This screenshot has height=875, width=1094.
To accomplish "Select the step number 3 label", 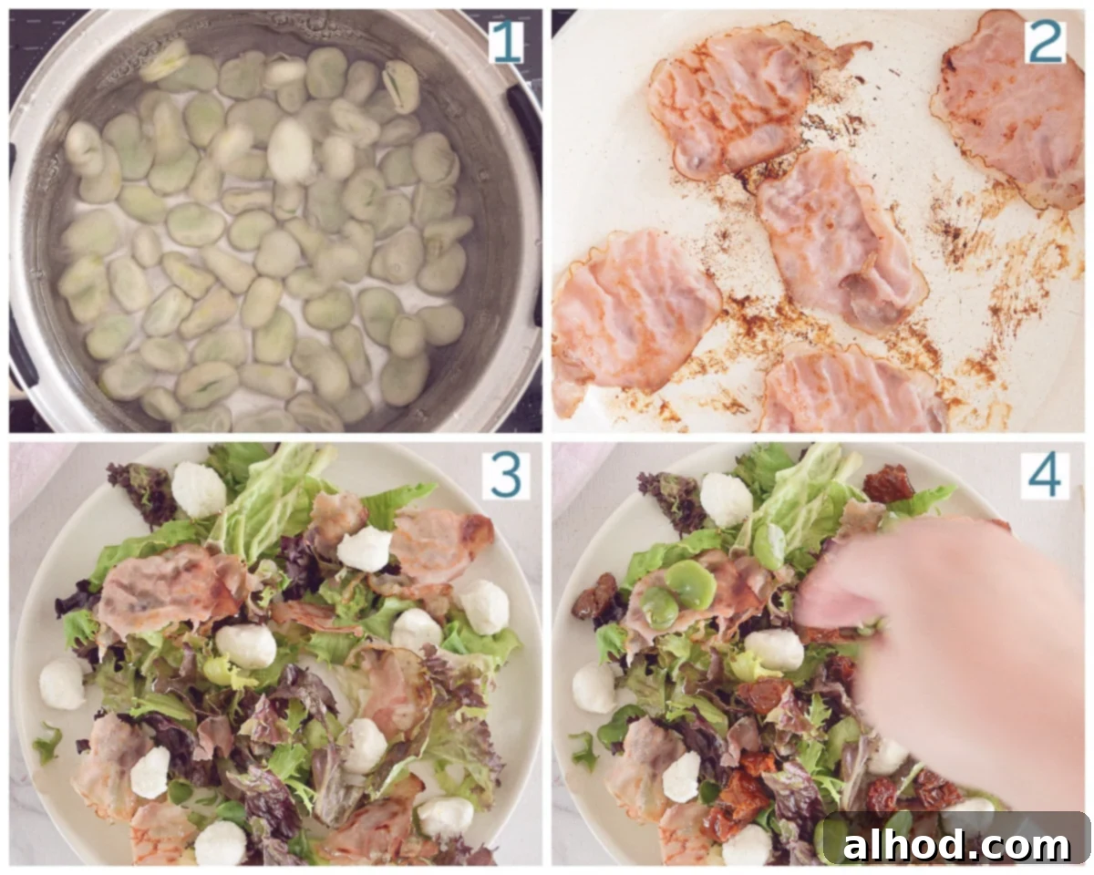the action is [x=506, y=476].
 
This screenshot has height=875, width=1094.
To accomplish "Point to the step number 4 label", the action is [x=1047, y=476].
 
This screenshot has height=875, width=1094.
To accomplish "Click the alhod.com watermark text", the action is [x=956, y=845].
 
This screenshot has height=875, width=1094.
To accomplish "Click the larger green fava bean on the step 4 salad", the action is [x=691, y=584].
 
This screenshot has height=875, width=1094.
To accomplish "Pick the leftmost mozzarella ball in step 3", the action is [x=62, y=685].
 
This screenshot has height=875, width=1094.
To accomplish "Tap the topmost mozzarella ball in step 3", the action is [x=199, y=489].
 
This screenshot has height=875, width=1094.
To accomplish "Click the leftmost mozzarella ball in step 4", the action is [x=593, y=687].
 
